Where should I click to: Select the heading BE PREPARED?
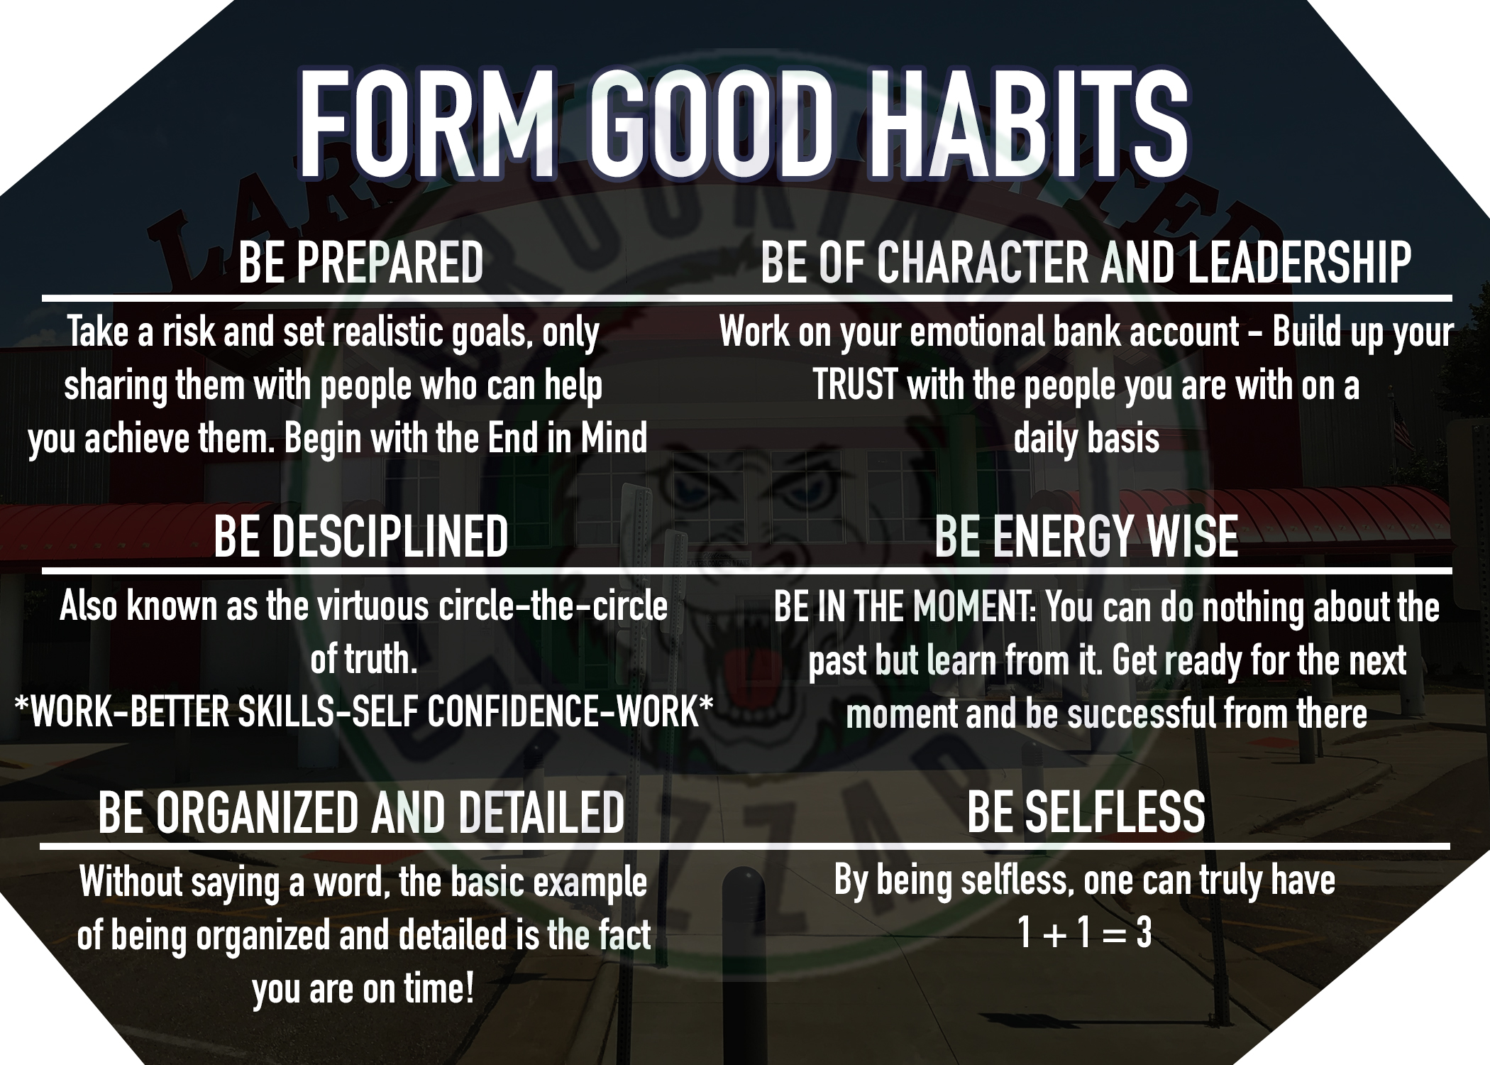pyautogui.click(x=361, y=263)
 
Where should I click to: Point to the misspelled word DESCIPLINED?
pyautogui.click(x=390, y=536)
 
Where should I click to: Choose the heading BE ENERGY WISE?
pyautogui.click(x=1086, y=537)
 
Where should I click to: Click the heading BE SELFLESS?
pyautogui.click(x=1086, y=812)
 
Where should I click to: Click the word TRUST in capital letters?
pyautogui.click(x=855, y=386)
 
